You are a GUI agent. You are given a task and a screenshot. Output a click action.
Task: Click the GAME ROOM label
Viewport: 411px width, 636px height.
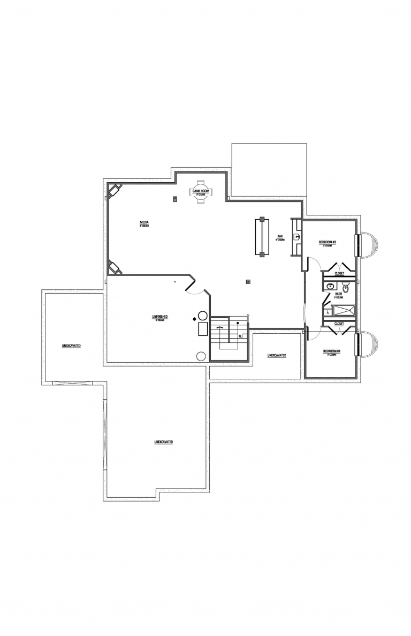[201, 191]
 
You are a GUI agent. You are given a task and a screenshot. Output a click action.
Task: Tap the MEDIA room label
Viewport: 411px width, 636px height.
[144, 222]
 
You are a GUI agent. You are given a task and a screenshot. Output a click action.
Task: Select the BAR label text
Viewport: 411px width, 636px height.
[280, 236]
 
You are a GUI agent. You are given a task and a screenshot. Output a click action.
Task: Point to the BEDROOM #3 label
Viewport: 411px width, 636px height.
[327, 242]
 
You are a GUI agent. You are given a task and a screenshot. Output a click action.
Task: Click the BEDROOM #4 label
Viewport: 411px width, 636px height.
[331, 351]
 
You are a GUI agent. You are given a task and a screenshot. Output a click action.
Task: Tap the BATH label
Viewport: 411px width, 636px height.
[339, 294]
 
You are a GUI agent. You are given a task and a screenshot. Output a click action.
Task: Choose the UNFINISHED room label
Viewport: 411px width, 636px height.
[160, 317]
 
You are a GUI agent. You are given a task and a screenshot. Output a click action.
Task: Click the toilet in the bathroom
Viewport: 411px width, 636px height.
[346, 288]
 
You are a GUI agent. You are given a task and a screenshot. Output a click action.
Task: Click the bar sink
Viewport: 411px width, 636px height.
[296, 236]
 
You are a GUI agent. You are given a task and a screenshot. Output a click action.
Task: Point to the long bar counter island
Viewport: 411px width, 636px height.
[261, 237]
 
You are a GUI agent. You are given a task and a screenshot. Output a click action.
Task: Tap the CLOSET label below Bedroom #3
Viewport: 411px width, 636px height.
[339, 273]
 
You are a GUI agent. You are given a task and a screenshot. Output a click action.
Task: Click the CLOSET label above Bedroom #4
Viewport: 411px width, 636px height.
[339, 324]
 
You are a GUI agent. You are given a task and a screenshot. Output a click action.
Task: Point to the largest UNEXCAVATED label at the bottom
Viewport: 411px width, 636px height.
[163, 442]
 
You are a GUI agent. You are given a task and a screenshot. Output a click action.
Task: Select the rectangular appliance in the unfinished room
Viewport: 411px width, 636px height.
[203, 328]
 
